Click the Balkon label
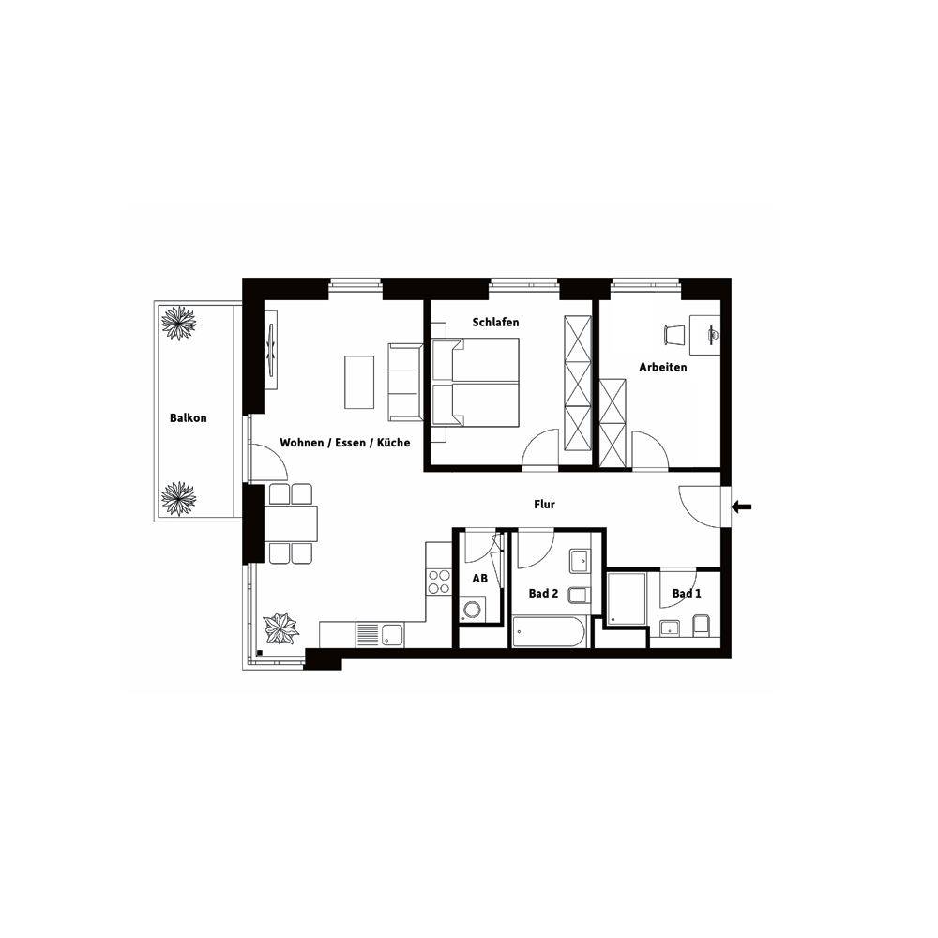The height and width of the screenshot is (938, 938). pyautogui.click(x=189, y=418)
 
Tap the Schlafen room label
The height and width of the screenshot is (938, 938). pyautogui.click(x=496, y=323)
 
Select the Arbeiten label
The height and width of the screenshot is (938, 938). pyautogui.click(x=663, y=368)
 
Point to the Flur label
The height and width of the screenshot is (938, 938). pyautogui.click(x=544, y=505)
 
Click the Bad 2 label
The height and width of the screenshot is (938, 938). pyautogui.click(x=543, y=594)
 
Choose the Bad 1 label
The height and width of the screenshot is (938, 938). pyautogui.click(x=687, y=594)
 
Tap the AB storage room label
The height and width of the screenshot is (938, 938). pyautogui.click(x=479, y=579)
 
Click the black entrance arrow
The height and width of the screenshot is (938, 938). pyautogui.click(x=742, y=507)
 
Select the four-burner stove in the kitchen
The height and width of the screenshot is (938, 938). pyautogui.click(x=438, y=582)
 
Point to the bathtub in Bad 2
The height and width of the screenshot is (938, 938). pyautogui.click(x=549, y=631)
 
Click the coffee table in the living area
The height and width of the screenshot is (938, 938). pyautogui.click(x=359, y=383)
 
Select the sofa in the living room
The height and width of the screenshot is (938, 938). pyautogui.click(x=405, y=383)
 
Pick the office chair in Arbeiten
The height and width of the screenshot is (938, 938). pyautogui.click(x=674, y=335)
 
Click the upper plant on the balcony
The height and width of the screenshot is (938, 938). pyautogui.click(x=178, y=323)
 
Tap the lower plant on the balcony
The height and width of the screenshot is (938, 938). pyautogui.click(x=178, y=498)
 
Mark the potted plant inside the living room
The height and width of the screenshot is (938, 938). pyautogui.click(x=281, y=628)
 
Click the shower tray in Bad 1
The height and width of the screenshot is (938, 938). pyautogui.click(x=627, y=599)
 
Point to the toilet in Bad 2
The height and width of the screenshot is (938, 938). pyautogui.click(x=579, y=596)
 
